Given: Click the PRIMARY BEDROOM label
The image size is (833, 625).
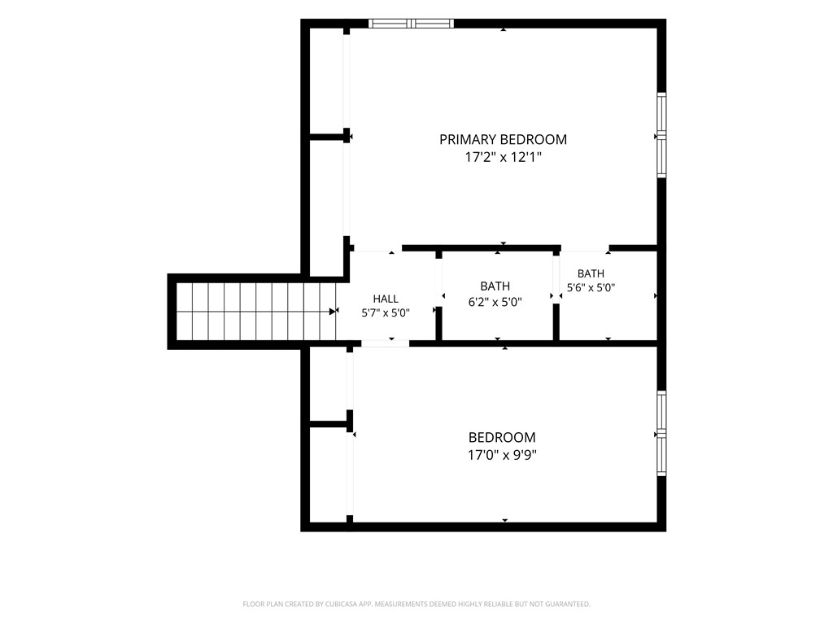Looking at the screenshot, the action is pyautogui.click(x=503, y=139).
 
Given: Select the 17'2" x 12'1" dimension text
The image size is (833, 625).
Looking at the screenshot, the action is pyautogui.click(x=503, y=157).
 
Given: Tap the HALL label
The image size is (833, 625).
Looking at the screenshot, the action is pyautogui.click(x=386, y=299).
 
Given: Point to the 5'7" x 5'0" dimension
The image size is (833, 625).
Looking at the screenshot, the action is pyautogui.click(x=386, y=313).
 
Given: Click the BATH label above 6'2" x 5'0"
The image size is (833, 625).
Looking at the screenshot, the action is pyautogui.click(x=495, y=286).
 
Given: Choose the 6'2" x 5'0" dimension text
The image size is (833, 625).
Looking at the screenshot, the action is pyautogui.click(x=495, y=302).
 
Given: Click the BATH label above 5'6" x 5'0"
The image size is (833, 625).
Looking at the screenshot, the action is pyautogui.click(x=591, y=273).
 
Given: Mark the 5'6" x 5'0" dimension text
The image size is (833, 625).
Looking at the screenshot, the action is pyautogui.click(x=591, y=288).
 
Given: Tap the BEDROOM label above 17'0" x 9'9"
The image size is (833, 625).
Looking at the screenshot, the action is pyautogui.click(x=502, y=437).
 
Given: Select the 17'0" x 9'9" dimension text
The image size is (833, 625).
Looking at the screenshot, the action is pyautogui.click(x=502, y=455).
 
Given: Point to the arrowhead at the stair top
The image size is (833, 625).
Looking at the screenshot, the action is pyautogui.click(x=333, y=312).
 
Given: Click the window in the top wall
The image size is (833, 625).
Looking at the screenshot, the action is pyautogui.click(x=411, y=24).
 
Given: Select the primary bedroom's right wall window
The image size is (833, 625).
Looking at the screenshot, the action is pyautogui.click(x=661, y=135).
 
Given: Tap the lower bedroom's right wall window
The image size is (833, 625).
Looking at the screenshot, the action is pyautogui.click(x=661, y=434).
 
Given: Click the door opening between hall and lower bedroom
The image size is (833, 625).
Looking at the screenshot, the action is pyautogui.click(x=385, y=344).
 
